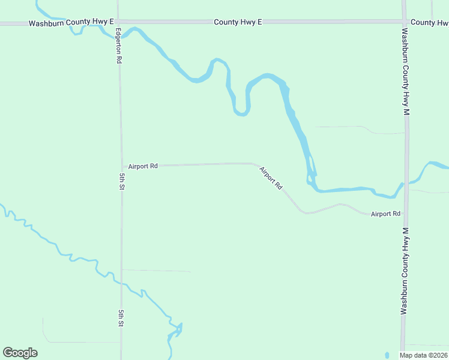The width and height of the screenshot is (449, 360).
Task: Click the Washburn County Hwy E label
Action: (71, 22)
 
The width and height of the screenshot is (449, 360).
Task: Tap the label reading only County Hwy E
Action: (238, 22)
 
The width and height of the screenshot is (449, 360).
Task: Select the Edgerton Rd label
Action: (119, 46)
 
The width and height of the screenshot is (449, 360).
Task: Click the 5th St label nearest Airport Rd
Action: (121, 181)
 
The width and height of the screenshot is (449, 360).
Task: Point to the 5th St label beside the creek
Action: (121, 318)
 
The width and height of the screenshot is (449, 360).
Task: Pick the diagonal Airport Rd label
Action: (271, 178)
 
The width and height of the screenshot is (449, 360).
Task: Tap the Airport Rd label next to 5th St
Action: (142, 166)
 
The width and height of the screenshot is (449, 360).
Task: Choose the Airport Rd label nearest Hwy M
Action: (385, 214)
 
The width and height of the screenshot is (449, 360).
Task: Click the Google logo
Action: (20, 353)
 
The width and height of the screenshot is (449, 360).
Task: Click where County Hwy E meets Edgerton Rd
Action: (118, 23)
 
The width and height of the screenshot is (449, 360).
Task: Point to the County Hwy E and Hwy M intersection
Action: (404, 22)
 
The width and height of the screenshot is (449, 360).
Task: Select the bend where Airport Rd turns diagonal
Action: (255, 163)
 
